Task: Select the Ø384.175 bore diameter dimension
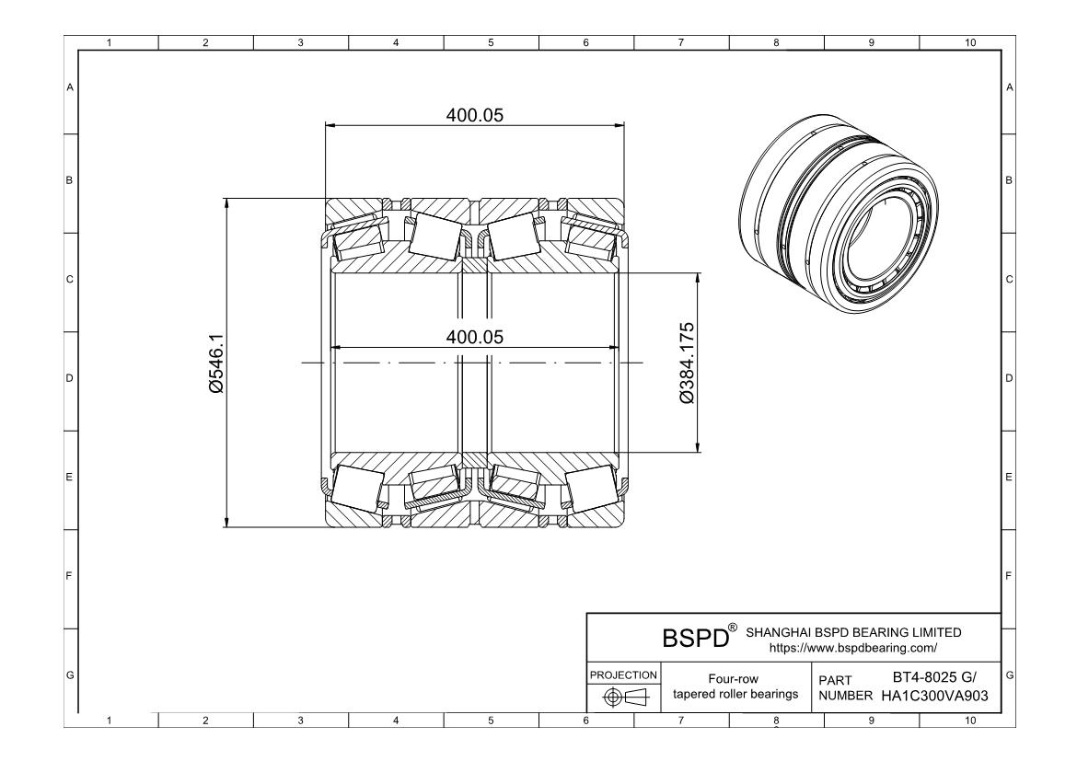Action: point(686,363)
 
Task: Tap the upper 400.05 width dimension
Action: point(475,114)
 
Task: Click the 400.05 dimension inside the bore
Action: point(475,337)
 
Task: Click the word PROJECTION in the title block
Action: point(622,675)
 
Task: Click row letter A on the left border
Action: point(68,87)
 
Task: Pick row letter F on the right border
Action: point(1010,577)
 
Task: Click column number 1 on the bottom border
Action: point(110,721)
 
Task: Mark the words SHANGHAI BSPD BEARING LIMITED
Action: point(853,632)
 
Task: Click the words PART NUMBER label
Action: point(839,686)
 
